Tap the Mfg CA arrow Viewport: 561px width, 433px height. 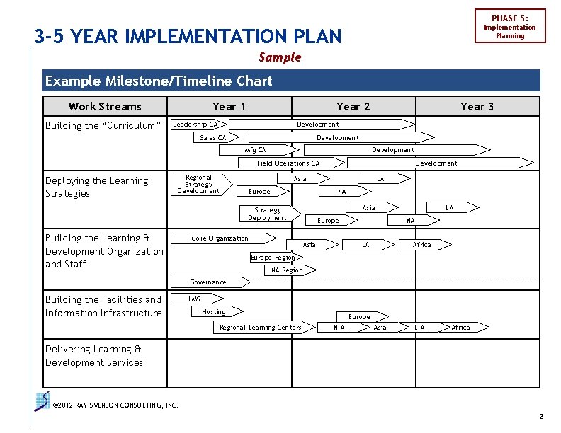(259, 150)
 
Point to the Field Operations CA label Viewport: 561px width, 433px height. (288, 163)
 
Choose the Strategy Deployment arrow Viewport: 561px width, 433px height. (269, 214)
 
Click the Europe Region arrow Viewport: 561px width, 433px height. (273, 258)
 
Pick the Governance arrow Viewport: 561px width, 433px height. (210, 282)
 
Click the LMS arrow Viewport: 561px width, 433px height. (196, 299)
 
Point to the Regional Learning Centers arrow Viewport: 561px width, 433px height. (262, 328)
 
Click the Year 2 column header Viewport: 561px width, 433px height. (353, 106)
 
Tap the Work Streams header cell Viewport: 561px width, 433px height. (105, 106)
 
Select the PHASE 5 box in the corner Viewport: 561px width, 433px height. (509, 26)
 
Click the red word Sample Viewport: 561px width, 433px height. (280, 57)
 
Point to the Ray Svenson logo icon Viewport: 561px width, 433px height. (42, 401)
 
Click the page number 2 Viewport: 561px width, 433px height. (541, 417)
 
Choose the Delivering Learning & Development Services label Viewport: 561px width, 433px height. (94, 356)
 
